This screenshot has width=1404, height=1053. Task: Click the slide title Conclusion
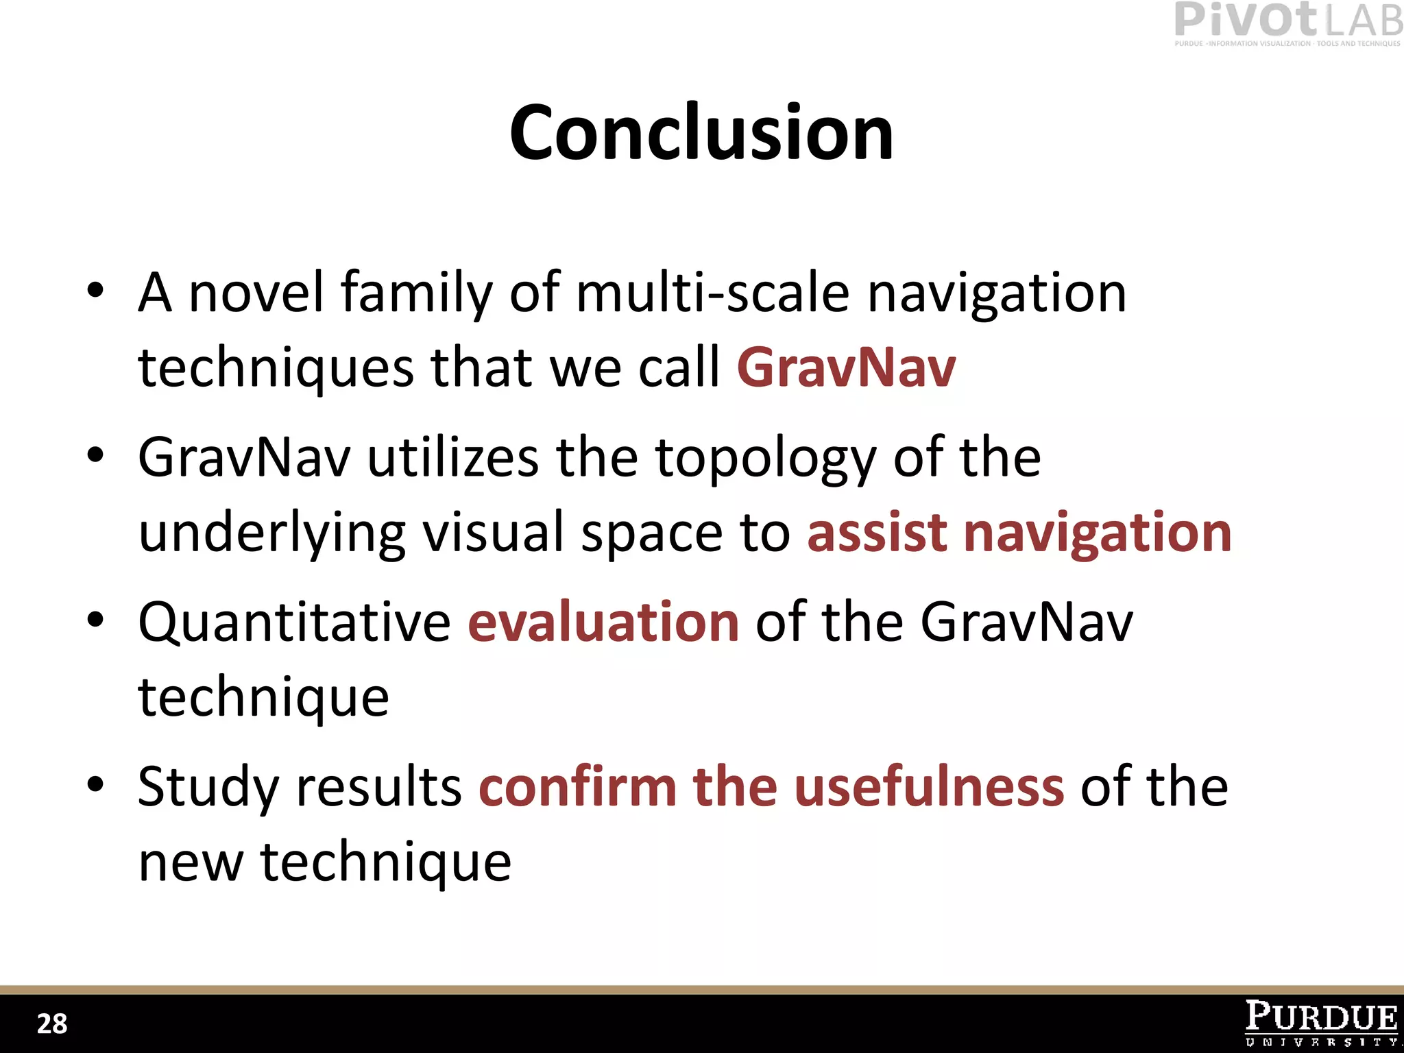point(701,133)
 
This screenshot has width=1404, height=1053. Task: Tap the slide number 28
point(52,1024)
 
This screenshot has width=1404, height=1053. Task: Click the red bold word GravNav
point(846,368)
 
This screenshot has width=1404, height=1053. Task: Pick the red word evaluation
point(603,622)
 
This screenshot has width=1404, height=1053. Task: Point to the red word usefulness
point(929,786)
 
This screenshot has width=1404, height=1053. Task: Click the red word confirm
point(578,786)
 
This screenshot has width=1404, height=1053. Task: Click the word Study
point(208,788)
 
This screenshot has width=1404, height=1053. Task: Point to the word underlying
point(271,534)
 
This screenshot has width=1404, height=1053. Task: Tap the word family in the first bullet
point(416,293)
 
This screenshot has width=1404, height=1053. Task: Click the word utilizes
point(453,457)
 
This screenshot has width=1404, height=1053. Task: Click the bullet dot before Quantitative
point(95,619)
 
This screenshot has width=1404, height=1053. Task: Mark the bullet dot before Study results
point(95,784)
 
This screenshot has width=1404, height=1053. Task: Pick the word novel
point(256,293)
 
